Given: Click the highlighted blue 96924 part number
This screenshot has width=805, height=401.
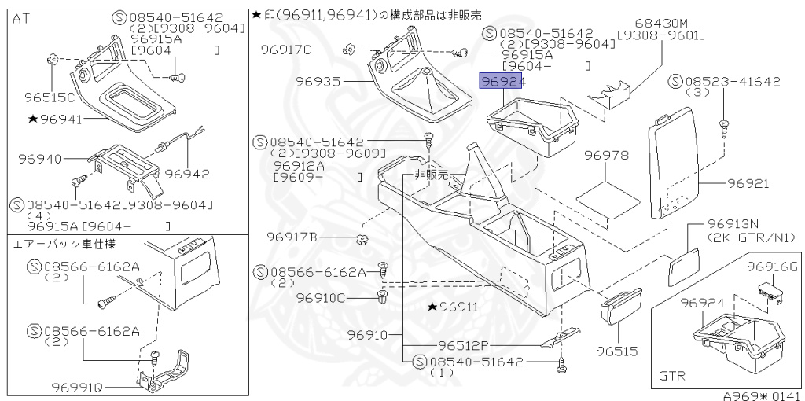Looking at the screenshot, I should [x=502, y=81].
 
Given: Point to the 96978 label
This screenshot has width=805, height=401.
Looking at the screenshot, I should [x=607, y=156].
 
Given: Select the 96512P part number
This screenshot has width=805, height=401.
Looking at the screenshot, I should [x=464, y=345].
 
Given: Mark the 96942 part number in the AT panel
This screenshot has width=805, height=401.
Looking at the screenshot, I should [x=189, y=173].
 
